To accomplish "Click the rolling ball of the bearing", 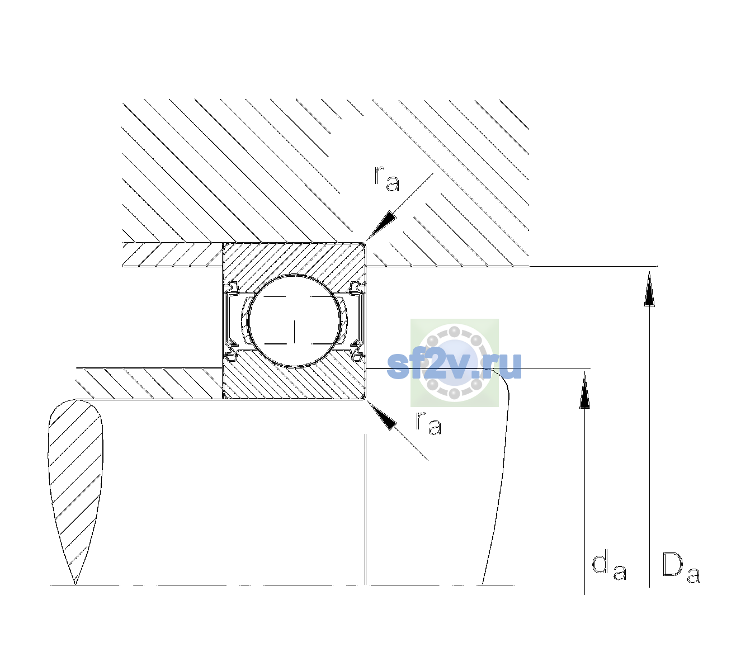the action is pyautogui.click(x=294, y=321).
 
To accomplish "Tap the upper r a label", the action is pyautogui.click(x=387, y=179).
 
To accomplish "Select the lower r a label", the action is pyautogui.click(x=428, y=423).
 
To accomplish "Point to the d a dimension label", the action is pyautogui.click(x=609, y=566).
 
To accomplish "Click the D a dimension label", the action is pyautogui.click(x=681, y=568).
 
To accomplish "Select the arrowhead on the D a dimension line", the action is pyautogui.click(x=649, y=289).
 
